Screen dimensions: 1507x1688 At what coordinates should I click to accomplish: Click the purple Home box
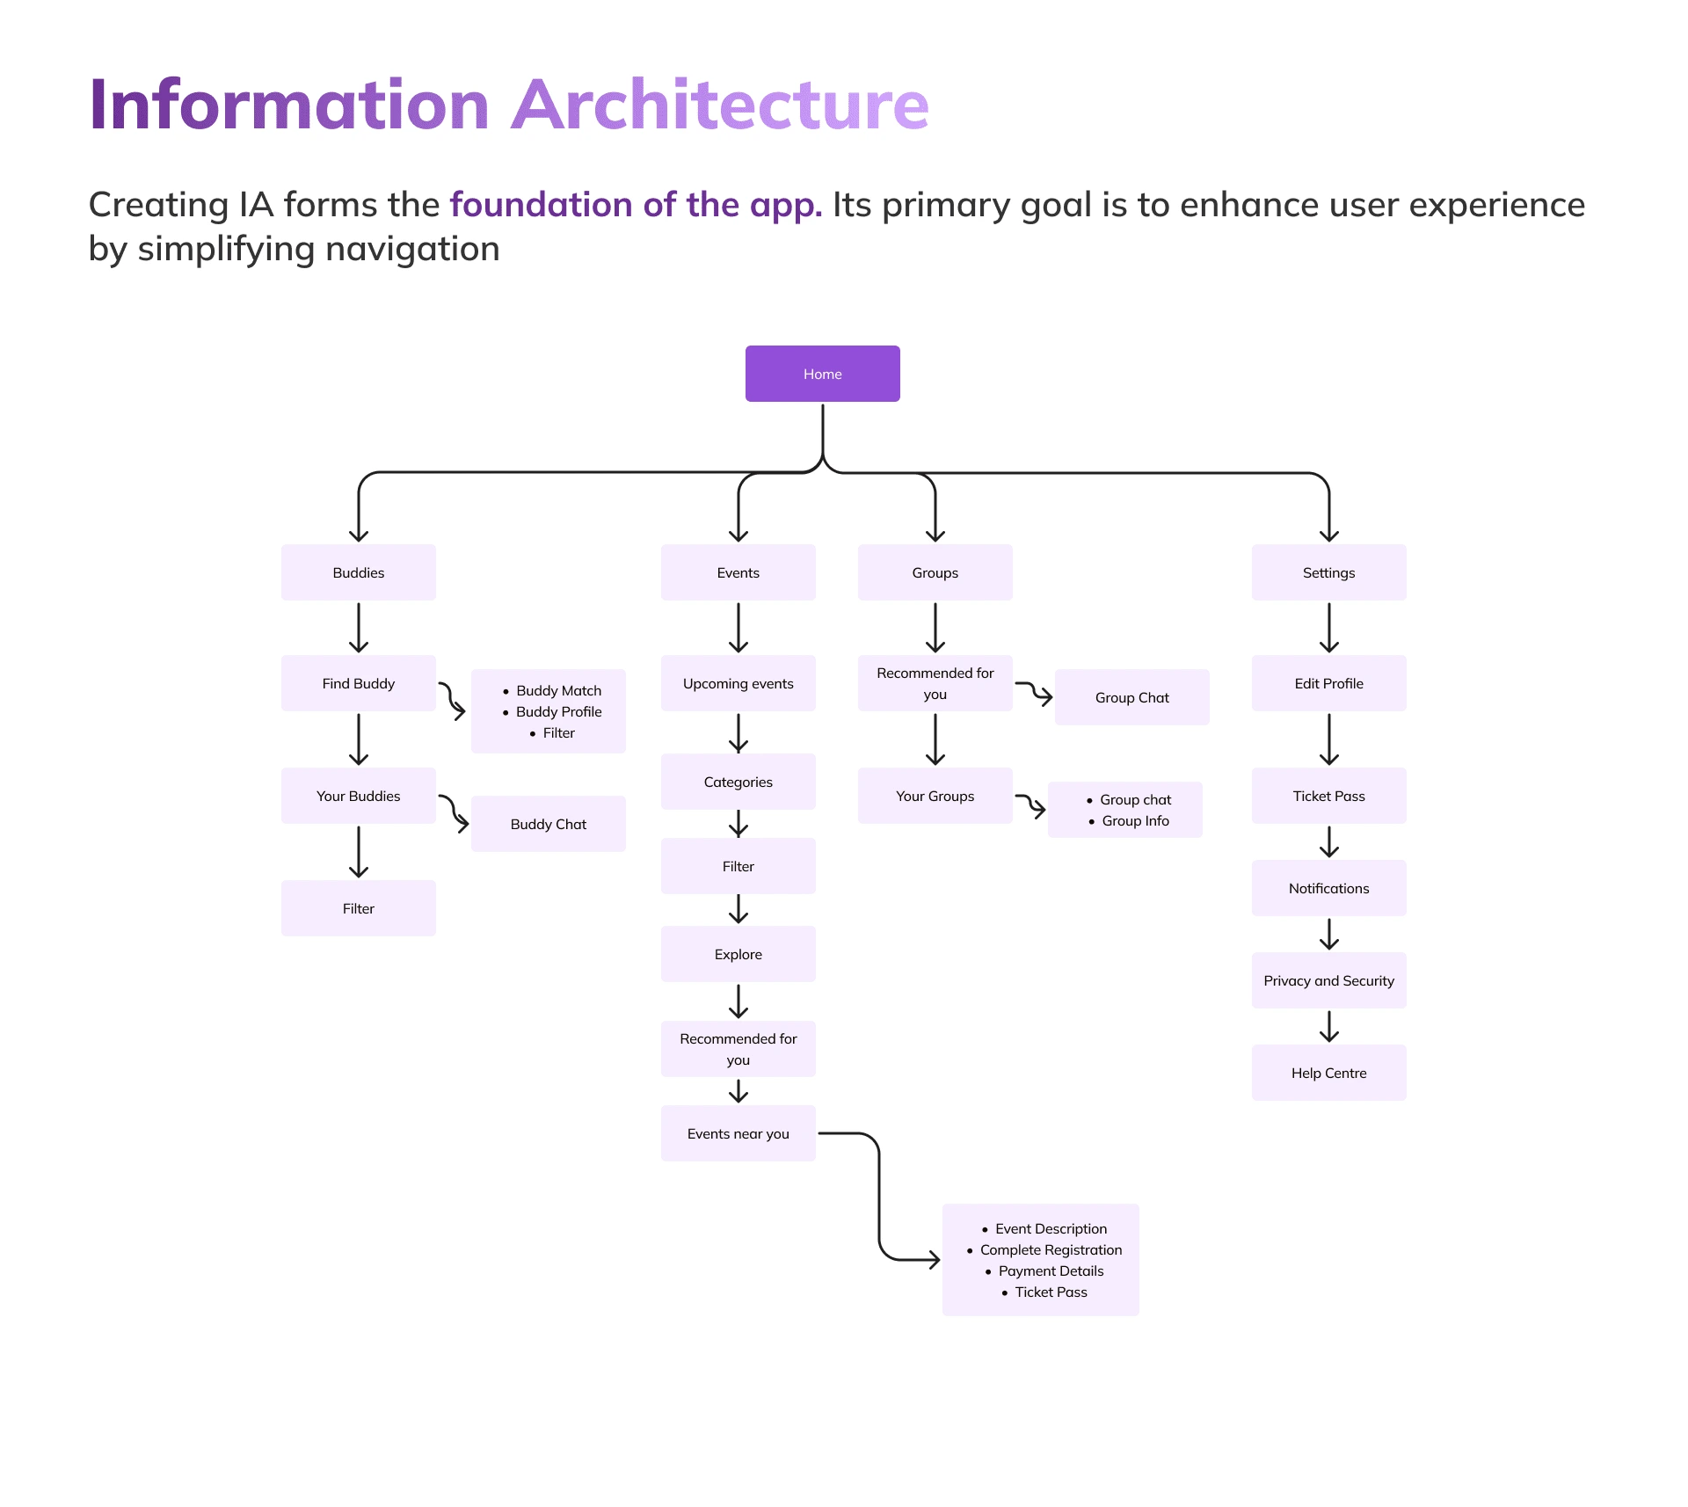click(822, 374)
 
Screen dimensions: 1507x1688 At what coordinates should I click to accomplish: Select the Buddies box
click(358, 572)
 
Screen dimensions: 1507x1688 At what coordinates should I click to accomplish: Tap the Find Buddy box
click(358, 683)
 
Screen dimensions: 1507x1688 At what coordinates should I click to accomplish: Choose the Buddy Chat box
click(548, 824)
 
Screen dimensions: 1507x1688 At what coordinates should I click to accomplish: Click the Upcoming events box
click(738, 683)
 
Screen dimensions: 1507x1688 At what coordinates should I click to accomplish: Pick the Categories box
click(738, 782)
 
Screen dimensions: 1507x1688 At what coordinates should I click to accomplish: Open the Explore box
click(738, 954)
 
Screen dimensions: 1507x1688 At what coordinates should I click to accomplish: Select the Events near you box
click(738, 1133)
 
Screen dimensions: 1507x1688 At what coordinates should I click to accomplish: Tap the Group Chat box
click(1131, 697)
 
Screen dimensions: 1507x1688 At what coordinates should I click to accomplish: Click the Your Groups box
click(935, 796)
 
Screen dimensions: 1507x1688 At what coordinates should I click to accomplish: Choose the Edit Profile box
click(1328, 683)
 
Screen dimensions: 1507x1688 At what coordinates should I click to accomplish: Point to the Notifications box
click(1328, 888)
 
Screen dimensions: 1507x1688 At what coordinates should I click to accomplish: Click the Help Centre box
click(1328, 1073)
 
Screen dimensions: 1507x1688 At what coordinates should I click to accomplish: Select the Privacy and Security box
click(1328, 980)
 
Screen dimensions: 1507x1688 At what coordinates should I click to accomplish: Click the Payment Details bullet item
click(1051, 1270)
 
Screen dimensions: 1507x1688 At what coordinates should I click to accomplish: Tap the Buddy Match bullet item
click(558, 690)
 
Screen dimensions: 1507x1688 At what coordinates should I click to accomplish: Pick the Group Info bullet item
click(1135, 820)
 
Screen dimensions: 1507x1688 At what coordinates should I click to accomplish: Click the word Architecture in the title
click(720, 105)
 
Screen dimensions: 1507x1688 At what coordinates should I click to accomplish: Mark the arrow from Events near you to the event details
click(879, 1196)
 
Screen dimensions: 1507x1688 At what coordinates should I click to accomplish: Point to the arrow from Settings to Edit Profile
click(1328, 628)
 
